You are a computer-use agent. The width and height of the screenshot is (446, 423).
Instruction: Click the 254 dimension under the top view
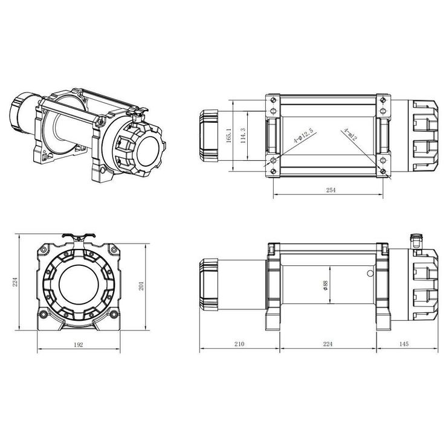pyautogui.click(x=330, y=190)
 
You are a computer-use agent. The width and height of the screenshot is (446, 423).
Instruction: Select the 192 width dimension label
pyautogui.click(x=79, y=344)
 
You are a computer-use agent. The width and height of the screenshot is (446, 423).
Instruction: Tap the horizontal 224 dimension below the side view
pyautogui.click(x=328, y=344)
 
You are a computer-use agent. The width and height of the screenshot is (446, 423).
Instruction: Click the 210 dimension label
pyautogui.click(x=239, y=344)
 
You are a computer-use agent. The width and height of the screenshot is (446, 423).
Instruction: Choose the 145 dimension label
pyautogui.click(x=404, y=344)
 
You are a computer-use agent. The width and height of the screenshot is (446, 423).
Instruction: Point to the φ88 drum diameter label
pyautogui.click(x=326, y=286)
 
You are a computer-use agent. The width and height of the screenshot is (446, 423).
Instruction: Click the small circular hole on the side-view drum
pyautogui.click(x=368, y=274)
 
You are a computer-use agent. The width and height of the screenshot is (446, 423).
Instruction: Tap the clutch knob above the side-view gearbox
pyautogui.click(x=415, y=239)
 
